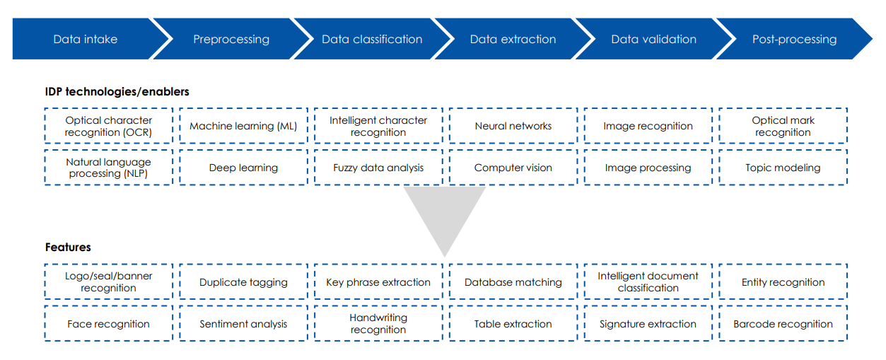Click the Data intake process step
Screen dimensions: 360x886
(x=86, y=39)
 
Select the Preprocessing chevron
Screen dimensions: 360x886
(x=231, y=39)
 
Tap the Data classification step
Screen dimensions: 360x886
(x=372, y=39)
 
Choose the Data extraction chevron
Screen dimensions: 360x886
(x=513, y=39)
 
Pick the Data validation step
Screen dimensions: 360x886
(x=653, y=39)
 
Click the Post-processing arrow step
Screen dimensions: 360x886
(x=794, y=39)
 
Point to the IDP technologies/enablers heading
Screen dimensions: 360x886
(x=117, y=91)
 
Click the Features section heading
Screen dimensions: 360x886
(x=68, y=247)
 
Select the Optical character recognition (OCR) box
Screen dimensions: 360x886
(x=108, y=126)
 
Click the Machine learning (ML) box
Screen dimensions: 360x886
(x=243, y=126)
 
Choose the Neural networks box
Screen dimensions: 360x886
(x=513, y=126)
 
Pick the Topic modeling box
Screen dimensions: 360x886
(x=783, y=168)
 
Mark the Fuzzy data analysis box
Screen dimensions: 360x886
(x=378, y=168)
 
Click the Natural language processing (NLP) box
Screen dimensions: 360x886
(x=108, y=168)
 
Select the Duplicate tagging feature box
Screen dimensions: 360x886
(x=243, y=282)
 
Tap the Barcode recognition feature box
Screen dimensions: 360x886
(x=783, y=324)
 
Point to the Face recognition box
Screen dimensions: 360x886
(x=108, y=324)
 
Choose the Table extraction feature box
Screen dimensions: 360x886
(x=513, y=324)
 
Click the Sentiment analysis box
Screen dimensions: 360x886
(x=243, y=324)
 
